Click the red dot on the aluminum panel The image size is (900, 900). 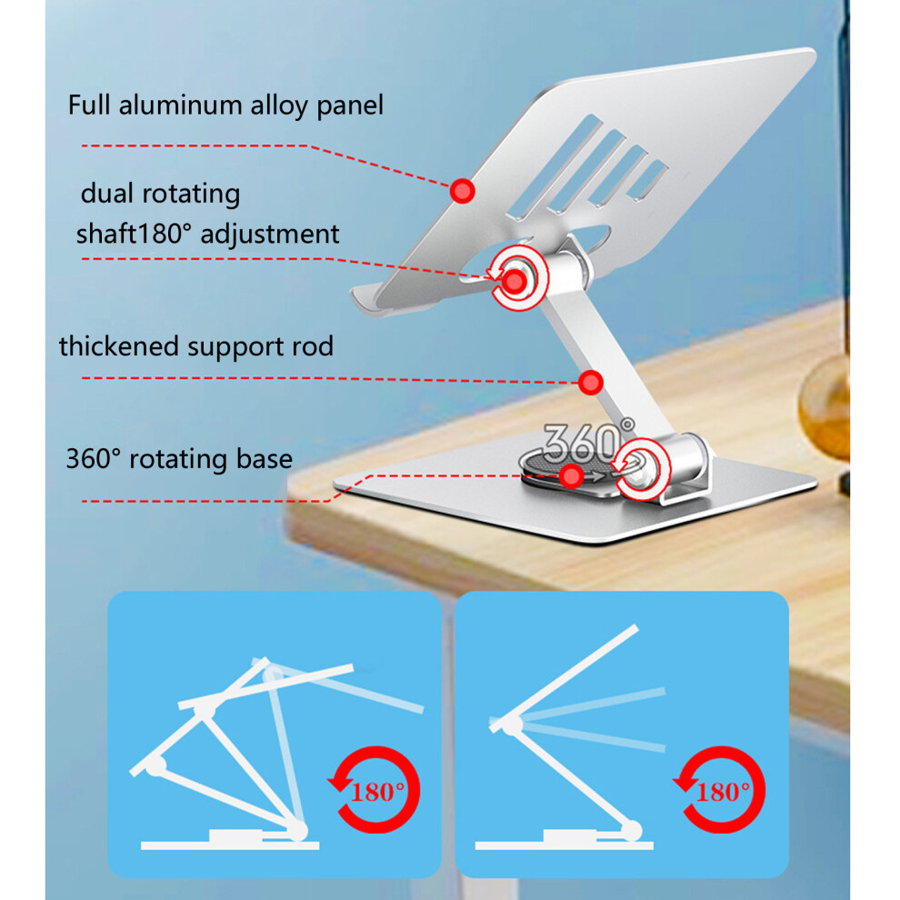coord(462,191)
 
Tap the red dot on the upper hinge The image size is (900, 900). coord(515,282)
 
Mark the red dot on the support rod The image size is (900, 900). coord(591,383)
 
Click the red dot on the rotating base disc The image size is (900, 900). coord(571,475)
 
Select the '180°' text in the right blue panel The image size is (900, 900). coord(724,793)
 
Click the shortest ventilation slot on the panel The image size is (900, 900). coord(647,180)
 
